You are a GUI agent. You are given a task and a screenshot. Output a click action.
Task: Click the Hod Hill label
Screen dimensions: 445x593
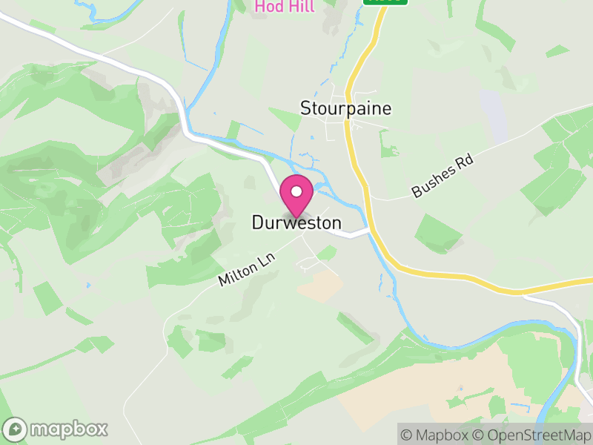(x=285, y=7)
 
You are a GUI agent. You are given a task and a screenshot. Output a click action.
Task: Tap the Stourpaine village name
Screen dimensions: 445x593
(x=345, y=108)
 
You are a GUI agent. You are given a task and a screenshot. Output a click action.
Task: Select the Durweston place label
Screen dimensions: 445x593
(x=296, y=222)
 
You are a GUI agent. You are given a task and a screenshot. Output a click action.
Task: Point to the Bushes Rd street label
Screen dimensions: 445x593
(x=443, y=177)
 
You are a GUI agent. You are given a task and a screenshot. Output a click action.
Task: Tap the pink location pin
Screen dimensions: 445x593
(x=296, y=197)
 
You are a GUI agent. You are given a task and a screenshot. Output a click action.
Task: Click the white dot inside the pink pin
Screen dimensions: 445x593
(x=296, y=191)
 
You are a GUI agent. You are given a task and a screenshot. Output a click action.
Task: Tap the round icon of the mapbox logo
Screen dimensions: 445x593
(x=16, y=429)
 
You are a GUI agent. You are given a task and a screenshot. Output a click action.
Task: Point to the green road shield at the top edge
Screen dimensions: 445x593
(x=385, y=1)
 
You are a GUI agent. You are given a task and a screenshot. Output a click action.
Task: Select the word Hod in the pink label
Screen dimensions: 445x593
(x=268, y=7)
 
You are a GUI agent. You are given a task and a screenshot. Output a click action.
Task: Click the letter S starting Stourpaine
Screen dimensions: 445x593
(x=305, y=108)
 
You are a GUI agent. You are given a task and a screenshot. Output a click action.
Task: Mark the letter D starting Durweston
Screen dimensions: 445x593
(x=257, y=222)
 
